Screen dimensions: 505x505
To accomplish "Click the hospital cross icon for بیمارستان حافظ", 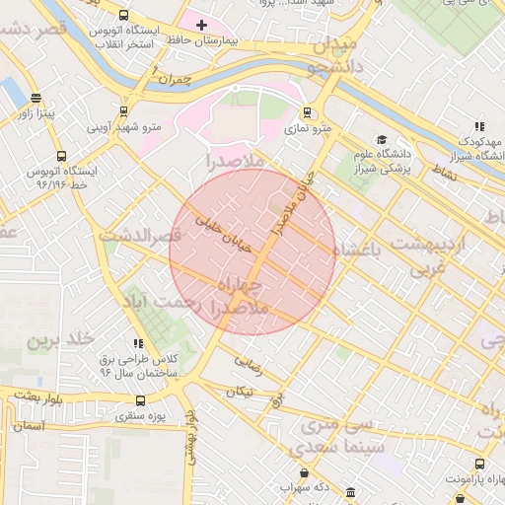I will (x=202, y=24).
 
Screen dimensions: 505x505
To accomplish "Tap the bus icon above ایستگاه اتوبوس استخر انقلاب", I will (x=123, y=16).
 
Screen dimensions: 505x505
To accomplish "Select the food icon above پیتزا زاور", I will (x=36, y=98).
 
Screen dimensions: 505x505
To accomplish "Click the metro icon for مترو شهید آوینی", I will (x=123, y=111).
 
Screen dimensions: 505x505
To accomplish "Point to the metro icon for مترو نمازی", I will (x=308, y=111).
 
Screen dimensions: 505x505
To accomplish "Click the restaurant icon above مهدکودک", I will (x=479, y=126).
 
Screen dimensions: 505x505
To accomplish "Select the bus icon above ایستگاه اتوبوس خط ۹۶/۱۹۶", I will (x=61, y=156).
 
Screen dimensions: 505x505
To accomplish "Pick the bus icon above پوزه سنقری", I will (x=140, y=401).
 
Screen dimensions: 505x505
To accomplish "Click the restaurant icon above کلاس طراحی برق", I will (x=138, y=342).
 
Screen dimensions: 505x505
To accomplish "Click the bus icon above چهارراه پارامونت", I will (x=479, y=464).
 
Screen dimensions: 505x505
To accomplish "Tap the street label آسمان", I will (x=30, y=426).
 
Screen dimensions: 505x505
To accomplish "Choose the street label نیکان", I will (x=240, y=392).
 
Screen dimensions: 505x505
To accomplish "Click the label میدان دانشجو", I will (x=329, y=56).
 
